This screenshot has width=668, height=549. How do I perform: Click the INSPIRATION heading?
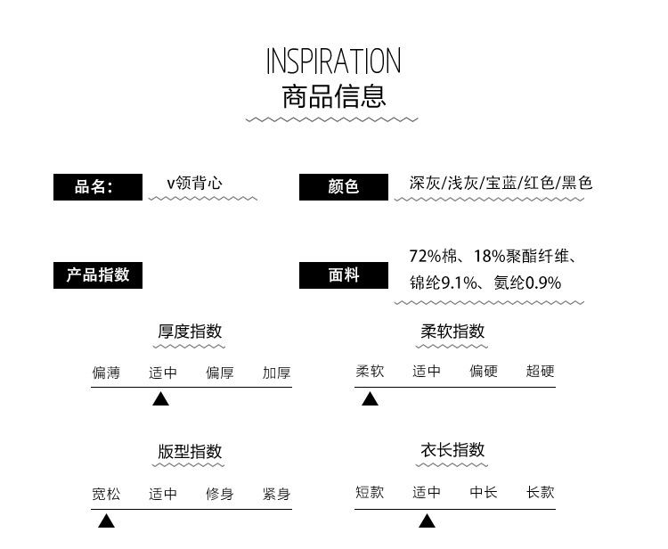coord(334,61)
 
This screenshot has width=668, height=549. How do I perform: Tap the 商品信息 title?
coord(334,97)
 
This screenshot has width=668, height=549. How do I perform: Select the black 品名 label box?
coord(98,187)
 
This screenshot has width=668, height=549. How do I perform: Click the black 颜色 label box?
coord(344,187)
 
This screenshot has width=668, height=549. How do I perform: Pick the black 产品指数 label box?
coord(98,275)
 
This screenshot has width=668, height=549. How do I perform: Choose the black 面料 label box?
coord(344,275)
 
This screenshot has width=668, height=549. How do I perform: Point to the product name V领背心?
coord(194,184)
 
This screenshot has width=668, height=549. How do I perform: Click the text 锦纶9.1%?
coord(443,283)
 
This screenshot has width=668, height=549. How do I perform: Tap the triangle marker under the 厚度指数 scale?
coord(160,399)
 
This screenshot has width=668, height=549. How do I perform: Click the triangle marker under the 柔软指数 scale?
coord(370,399)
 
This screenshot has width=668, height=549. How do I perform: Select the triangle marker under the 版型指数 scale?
coord(107,520)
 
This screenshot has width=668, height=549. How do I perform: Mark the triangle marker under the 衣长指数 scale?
coord(427,520)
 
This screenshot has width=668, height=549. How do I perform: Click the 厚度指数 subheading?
coord(190,332)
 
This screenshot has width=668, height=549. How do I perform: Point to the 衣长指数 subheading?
coord(452,450)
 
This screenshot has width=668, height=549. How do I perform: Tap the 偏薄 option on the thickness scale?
coord(107,373)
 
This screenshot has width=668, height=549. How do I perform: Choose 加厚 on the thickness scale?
coord(277,373)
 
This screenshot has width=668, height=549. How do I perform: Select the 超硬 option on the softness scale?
coord(541,371)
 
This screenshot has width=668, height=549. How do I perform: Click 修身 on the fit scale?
coord(220,494)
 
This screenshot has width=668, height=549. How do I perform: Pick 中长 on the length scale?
coord(484,492)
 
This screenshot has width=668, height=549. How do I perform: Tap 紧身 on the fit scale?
coord(277,494)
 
